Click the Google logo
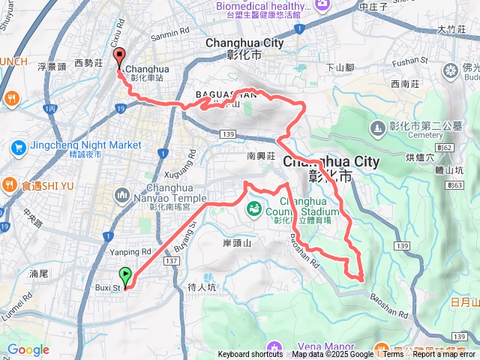[28, 349]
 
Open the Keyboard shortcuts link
[250, 355]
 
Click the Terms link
[393, 355]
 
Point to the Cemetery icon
[377, 129]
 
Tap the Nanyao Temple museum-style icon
[123, 196]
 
